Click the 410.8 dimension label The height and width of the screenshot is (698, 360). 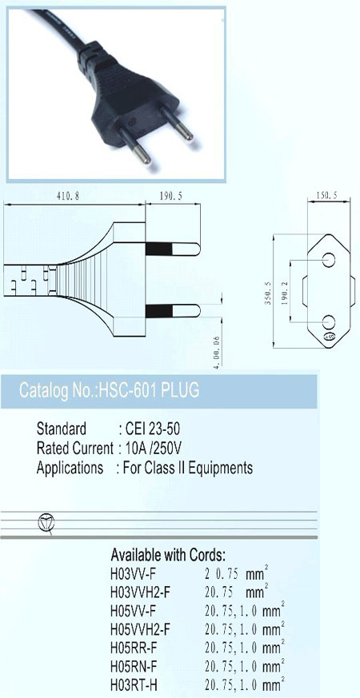[68, 196]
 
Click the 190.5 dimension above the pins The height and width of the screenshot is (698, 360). [170, 196]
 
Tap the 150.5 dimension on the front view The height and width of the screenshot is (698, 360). [326, 195]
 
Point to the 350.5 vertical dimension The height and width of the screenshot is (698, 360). [268, 293]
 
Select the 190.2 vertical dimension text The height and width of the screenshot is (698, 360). [285, 293]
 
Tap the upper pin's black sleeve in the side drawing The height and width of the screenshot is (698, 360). [158, 249]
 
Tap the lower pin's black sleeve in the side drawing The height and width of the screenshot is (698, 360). [158, 311]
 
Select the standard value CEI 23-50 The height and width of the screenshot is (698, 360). [153, 429]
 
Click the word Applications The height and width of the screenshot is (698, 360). [70, 469]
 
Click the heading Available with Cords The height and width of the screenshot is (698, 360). [168, 555]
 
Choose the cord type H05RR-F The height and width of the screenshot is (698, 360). [134, 648]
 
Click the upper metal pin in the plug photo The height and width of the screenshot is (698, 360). [177, 122]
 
